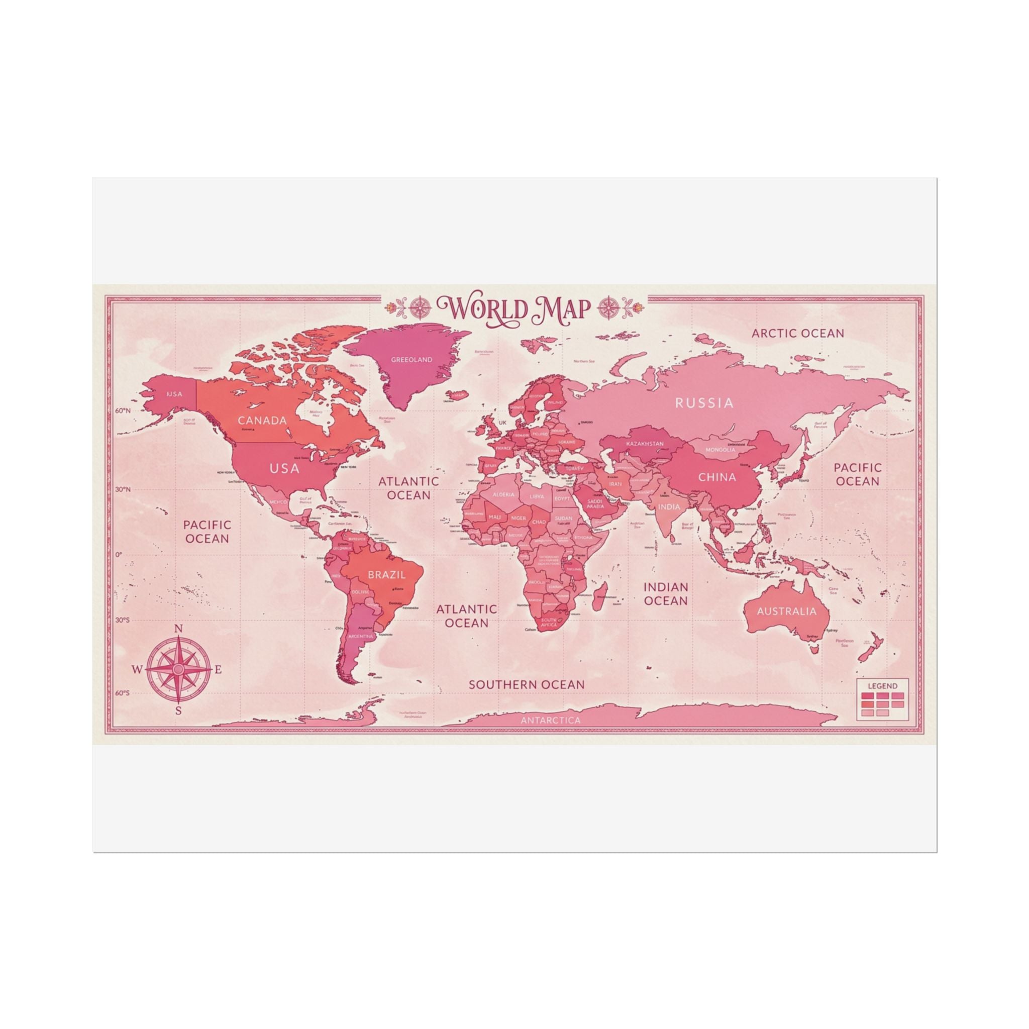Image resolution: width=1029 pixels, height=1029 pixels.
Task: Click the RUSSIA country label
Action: click(x=704, y=402)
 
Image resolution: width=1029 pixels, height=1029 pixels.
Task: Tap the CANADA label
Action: click(x=262, y=420)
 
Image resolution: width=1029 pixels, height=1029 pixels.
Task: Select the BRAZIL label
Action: click(x=387, y=575)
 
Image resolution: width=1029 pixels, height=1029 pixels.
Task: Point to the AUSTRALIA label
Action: click(x=786, y=611)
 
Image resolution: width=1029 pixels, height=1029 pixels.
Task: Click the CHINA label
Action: click(x=717, y=477)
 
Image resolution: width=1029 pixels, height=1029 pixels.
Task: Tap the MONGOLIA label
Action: click(x=720, y=450)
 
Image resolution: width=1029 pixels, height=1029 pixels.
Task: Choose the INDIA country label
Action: click(x=669, y=506)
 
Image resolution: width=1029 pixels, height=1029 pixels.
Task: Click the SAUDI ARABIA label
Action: click(x=595, y=503)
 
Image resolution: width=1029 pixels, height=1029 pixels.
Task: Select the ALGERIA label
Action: click(x=503, y=494)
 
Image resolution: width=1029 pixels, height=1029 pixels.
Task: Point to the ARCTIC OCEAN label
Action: click(x=797, y=334)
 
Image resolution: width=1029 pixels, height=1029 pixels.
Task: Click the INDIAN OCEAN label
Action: click(x=666, y=593)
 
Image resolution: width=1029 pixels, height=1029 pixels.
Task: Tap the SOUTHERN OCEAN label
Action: click(x=526, y=684)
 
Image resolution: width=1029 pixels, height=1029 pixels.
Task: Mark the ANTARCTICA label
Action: click(x=551, y=720)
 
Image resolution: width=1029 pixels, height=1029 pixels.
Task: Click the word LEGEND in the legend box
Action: click(x=882, y=686)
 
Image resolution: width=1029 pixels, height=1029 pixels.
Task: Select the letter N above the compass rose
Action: click(x=179, y=629)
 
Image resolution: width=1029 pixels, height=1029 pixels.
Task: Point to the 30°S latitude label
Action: click(x=122, y=620)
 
